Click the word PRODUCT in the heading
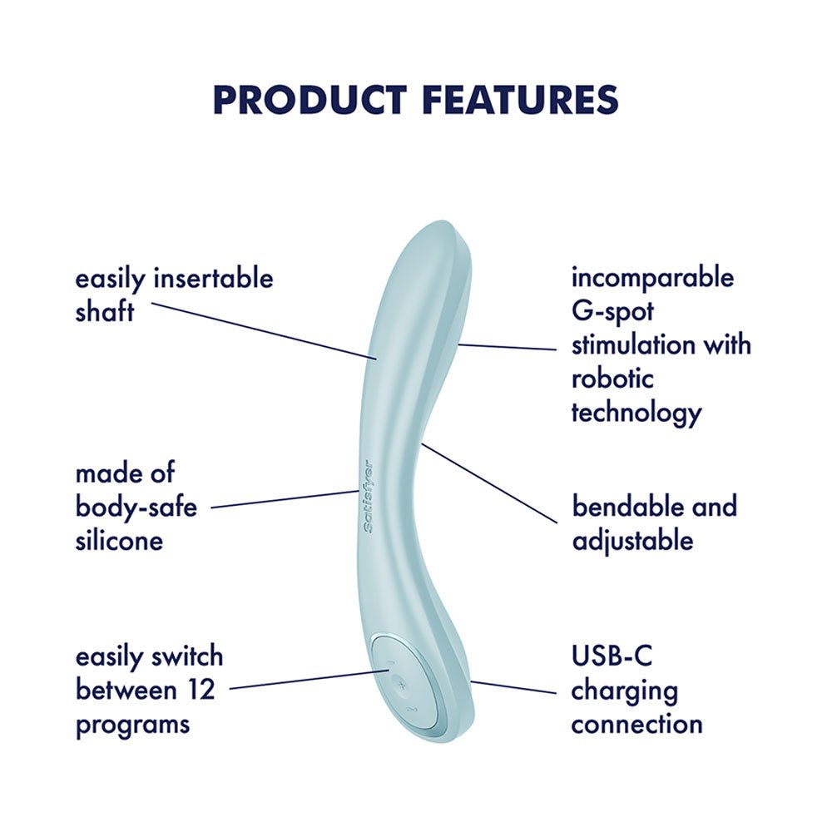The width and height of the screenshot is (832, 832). tap(310, 100)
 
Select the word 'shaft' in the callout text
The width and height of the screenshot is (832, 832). tap(104, 312)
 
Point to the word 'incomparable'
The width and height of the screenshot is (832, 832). tap(652, 276)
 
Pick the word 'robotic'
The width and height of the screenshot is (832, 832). tap(612, 379)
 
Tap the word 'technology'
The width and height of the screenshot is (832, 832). tap(636, 413)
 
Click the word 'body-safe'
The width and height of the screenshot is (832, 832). tap(136, 508)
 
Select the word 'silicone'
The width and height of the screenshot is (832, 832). tap(118, 541)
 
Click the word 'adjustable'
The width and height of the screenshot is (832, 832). tap(632, 541)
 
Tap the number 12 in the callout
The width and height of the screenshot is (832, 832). tap(198, 690)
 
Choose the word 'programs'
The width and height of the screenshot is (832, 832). tap(132, 724)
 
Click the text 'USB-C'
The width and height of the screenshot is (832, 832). tap(612, 656)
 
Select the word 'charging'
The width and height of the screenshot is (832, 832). tap(624, 691)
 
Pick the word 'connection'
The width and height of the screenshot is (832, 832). tap(636, 724)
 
